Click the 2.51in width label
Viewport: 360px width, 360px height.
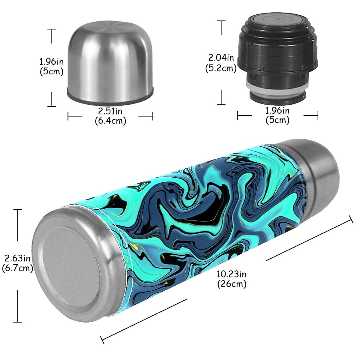pyautogui.click(x=110, y=111)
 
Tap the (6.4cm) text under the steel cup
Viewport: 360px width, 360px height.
pyautogui.click(x=110, y=121)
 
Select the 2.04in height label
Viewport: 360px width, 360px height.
pyautogui.click(x=221, y=57)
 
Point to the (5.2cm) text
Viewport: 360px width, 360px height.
pyautogui.click(x=221, y=68)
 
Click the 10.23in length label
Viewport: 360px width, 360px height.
pyautogui.click(x=231, y=274)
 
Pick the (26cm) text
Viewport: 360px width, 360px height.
pyautogui.click(x=231, y=284)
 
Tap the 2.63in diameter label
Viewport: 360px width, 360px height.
pyautogui.click(x=17, y=258)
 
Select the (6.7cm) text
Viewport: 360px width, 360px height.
pyautogui.click(x=17, y=268)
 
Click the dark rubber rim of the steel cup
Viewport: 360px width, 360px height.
pyautogui.click(x=110, y=98)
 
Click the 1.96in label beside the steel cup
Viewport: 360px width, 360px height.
pyautogui.click(x=51, y=61)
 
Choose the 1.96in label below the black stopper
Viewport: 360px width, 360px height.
pyautogui.click(x=277, y=110)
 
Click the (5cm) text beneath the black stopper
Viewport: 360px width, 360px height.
pyautogui.click(x=277, y=120)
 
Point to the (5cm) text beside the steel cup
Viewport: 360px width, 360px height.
pyautogui.click(x=51, y=72)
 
